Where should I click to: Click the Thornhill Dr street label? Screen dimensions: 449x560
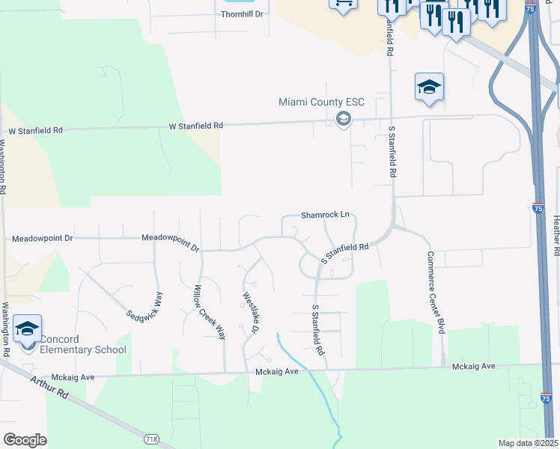pos(242,14)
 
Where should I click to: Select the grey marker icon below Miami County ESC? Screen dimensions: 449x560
pos(344,119)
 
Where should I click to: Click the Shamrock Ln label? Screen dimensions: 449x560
pos(326,215)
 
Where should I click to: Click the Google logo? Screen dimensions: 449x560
pos(25,439)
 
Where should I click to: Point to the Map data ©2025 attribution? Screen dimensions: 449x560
pos(528,443)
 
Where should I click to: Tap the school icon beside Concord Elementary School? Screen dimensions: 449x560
pos(28,329)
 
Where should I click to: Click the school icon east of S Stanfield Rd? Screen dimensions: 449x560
pos(430,87)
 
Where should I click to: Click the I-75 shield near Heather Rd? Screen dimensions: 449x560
pos(540,210)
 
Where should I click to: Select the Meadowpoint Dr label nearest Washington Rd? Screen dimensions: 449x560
pos(43,239)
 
